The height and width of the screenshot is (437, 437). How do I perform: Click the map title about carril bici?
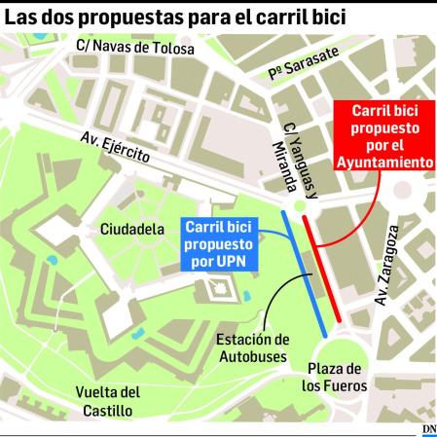point(175,17)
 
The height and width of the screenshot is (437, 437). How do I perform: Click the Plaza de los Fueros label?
point(333,378)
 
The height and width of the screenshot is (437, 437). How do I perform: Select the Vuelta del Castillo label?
point(108,401)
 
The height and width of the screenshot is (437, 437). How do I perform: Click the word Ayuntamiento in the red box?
point(384,162)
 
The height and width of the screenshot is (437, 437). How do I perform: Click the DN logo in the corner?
point(428,429)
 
